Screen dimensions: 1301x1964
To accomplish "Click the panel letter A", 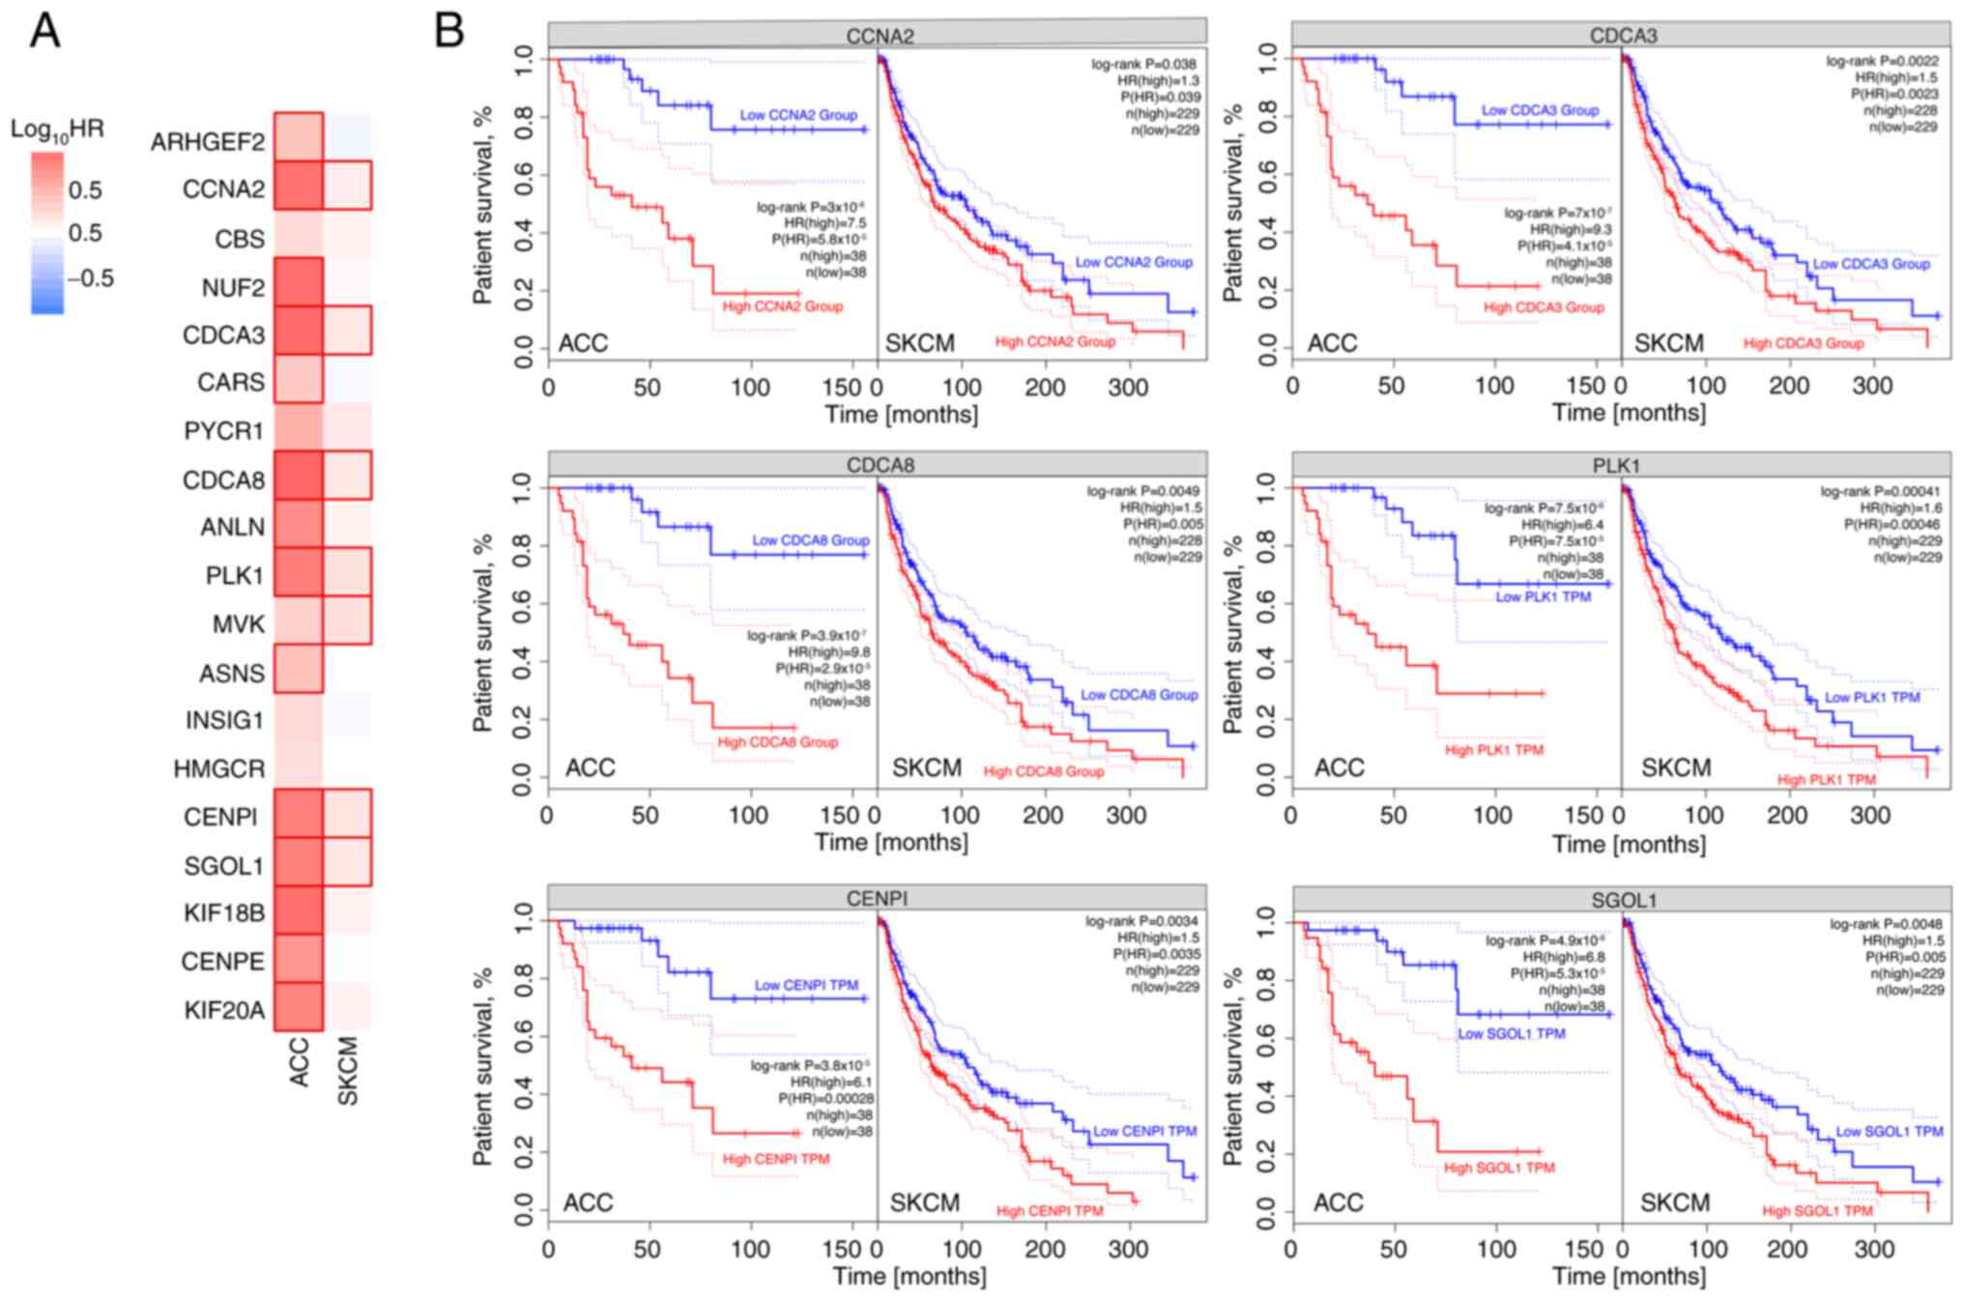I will (45, 31).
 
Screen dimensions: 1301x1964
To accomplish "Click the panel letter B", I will (449, 31).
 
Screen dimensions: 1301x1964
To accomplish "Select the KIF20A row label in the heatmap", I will (224, 1011).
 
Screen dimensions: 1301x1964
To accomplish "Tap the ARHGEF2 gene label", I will (207, 143).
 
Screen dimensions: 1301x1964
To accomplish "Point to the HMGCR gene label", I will (218, 769).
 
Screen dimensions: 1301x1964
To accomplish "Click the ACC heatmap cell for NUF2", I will (298, 282).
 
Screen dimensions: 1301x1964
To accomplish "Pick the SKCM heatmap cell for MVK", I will (347, 621).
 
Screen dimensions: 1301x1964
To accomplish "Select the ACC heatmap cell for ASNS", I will (298, 669).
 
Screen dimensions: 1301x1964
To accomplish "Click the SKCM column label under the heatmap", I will (348, 1071).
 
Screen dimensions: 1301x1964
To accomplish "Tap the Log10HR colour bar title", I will (57, 130).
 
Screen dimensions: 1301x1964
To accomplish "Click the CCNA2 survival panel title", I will (879, 37).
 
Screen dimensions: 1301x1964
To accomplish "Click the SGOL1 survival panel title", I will (1624, 901).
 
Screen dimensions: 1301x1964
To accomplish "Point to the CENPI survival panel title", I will (877, 899).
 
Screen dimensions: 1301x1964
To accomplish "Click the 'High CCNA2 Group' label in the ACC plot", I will (782, 306).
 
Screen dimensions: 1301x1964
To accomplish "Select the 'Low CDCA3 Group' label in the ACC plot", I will (1540, 110).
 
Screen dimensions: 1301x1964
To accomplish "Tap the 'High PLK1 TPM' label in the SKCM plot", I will (1826, 779).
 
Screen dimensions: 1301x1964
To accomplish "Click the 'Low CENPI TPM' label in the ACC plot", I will (806, 985).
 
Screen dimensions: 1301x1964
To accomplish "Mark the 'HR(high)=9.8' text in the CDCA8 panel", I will (828, 652).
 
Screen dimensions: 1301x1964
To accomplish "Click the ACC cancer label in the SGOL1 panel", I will (1338, 1202).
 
